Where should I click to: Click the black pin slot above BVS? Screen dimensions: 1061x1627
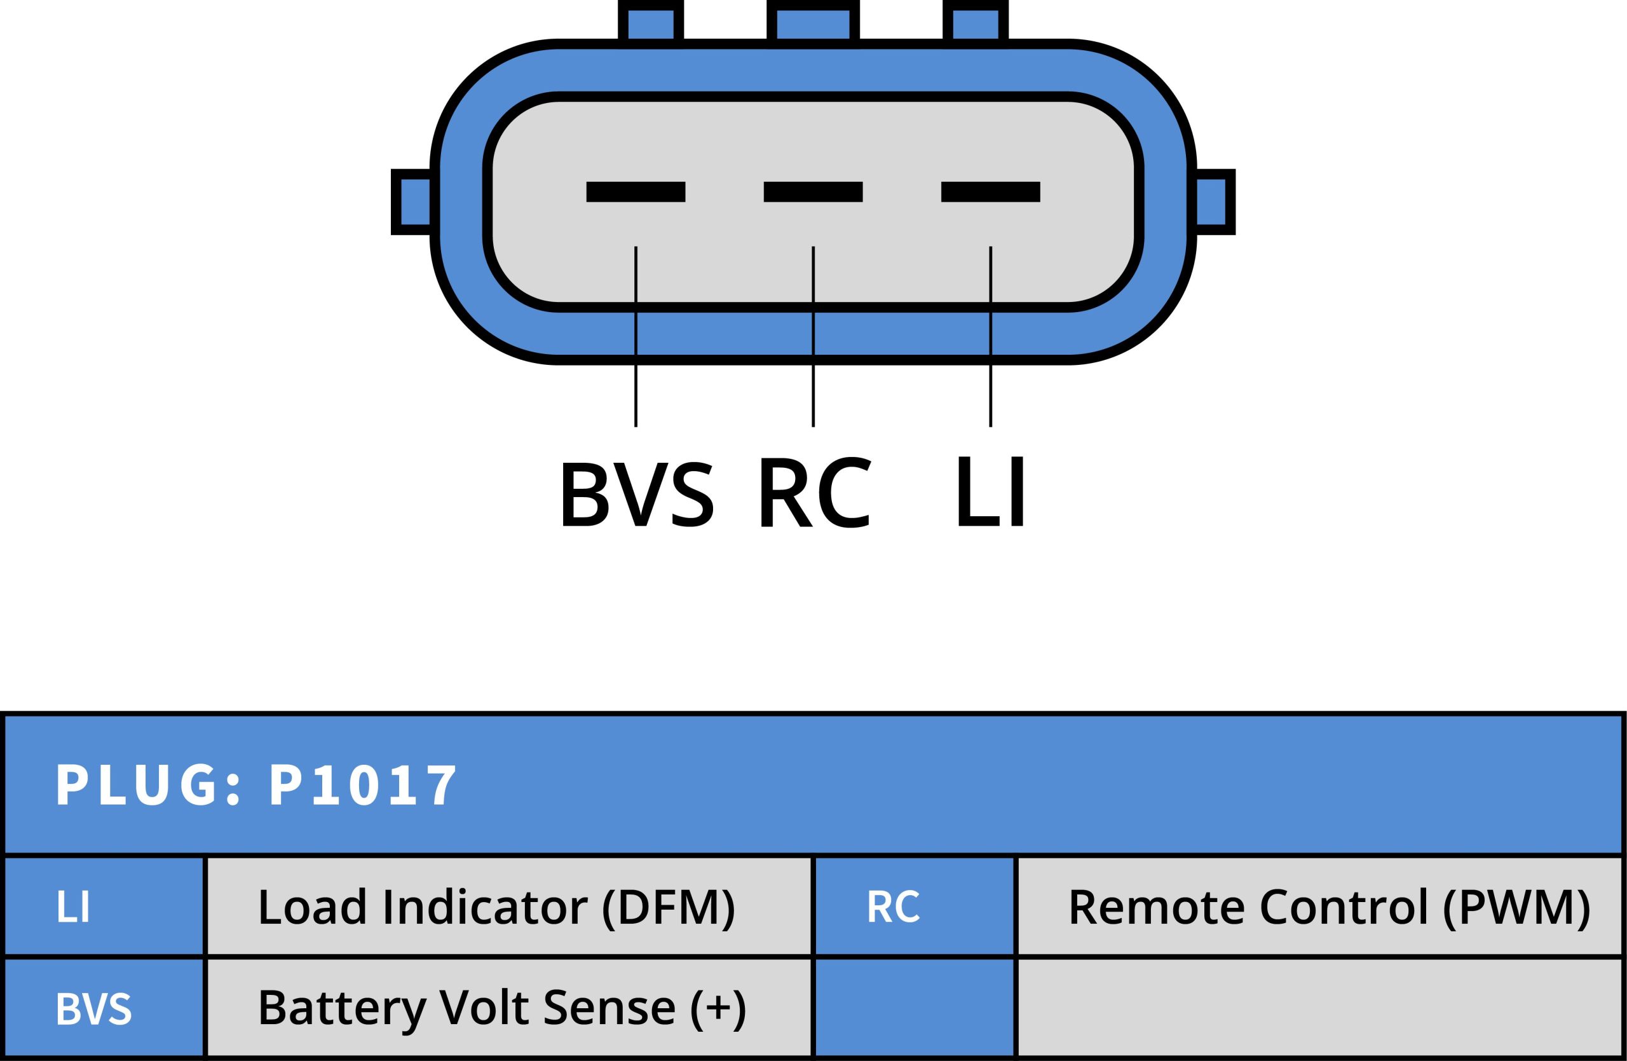pos(635,191)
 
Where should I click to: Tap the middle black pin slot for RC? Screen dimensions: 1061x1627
pos(813,191)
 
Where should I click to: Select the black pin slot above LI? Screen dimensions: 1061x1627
pos(990,191)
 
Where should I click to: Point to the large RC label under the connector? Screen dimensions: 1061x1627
pos(814,492)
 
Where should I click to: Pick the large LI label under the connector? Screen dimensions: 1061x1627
pos(991,491)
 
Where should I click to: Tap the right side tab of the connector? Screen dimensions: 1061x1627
pos(1213,202)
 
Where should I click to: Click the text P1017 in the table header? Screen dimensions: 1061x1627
pos(362,785)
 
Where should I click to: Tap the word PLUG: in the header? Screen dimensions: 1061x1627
pos(147,785)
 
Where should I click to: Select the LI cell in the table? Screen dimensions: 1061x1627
pos(104,907)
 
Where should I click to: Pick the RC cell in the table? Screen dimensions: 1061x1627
pos(914,907)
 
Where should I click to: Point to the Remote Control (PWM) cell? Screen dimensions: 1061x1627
pos(1319,907)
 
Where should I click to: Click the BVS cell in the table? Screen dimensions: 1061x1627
pos(104,1008)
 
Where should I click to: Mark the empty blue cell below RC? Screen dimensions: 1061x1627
pos(914,1008)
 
